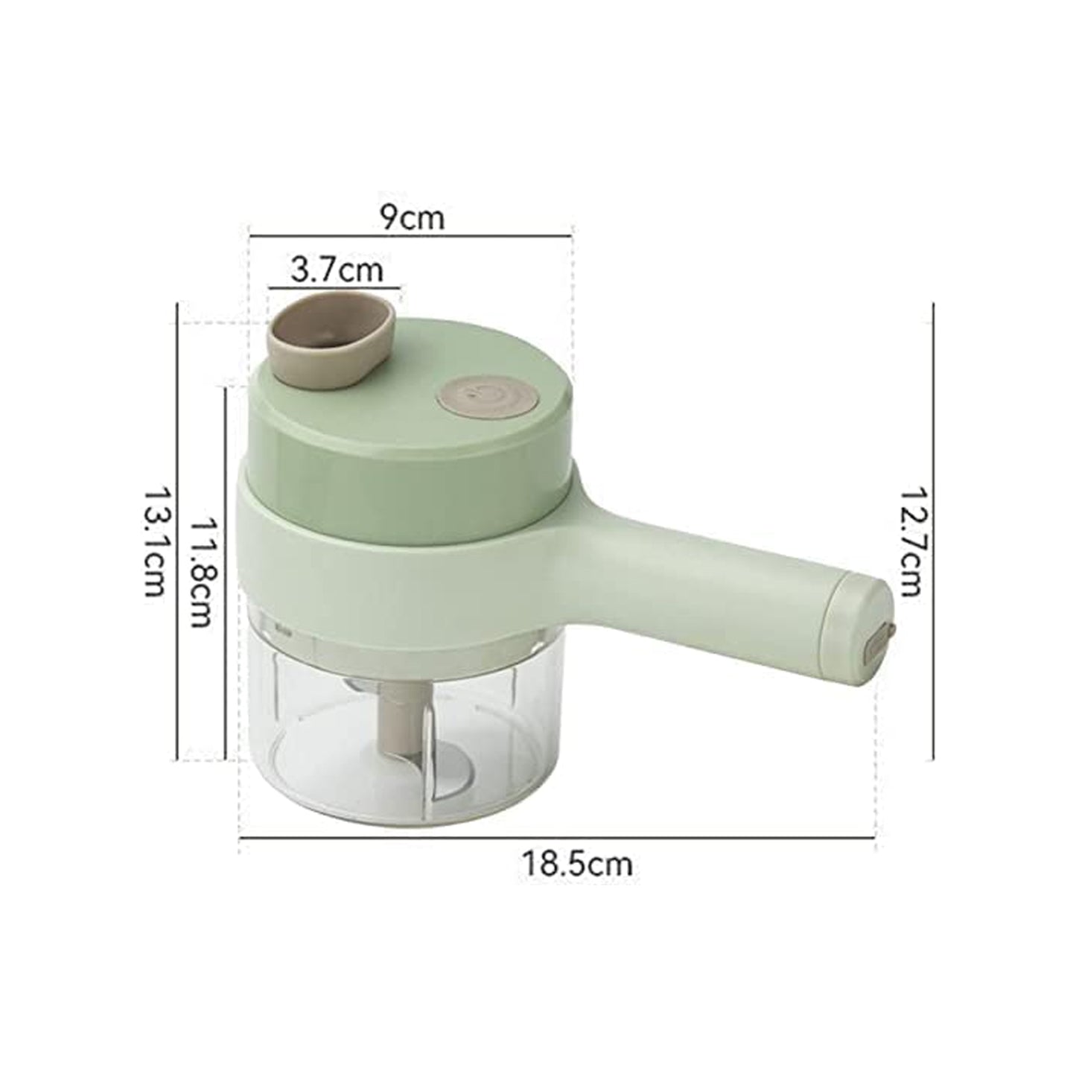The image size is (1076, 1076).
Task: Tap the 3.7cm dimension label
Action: tap(337, 269)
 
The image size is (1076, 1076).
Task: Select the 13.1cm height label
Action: tap(154, 541)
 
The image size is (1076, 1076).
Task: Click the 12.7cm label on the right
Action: tap(910, 541)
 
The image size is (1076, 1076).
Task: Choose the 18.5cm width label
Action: tap(577, 865)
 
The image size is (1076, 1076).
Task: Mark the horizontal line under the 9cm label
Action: tap(412, 236)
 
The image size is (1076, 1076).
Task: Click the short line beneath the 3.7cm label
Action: tap(334, 286)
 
